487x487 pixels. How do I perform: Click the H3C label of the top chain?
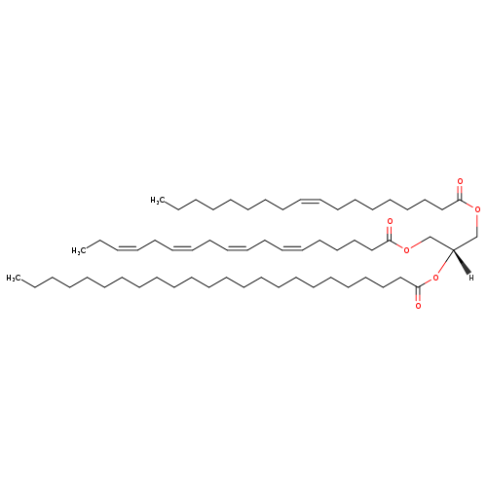pos(156,201)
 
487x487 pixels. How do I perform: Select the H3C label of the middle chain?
pos(78,250)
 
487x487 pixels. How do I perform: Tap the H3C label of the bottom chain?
pos(13,278)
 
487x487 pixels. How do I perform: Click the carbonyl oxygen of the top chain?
pos(460,181)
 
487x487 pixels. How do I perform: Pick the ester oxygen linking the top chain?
pos(477,209)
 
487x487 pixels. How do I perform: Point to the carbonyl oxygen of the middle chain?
pos(390,222)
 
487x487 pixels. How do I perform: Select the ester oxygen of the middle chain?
pos(407,250)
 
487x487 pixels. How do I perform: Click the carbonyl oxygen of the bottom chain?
pos(418,306)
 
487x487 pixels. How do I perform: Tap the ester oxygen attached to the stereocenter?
pos(435,278)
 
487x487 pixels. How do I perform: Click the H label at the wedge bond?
pos(471,278)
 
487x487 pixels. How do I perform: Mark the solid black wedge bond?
pos(462,261)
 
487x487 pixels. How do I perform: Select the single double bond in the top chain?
pos(311,201)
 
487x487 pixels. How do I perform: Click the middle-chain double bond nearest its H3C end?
pos(128,248)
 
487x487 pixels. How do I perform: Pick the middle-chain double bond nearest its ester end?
pos(292,248)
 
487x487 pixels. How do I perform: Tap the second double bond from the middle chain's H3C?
pos(182,248)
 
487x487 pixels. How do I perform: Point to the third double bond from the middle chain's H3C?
pos(238,248)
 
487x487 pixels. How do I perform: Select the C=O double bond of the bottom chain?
pos(418,294)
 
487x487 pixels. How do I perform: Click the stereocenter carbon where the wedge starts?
pos(453,249)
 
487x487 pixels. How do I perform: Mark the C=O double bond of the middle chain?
pos(390,234)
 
